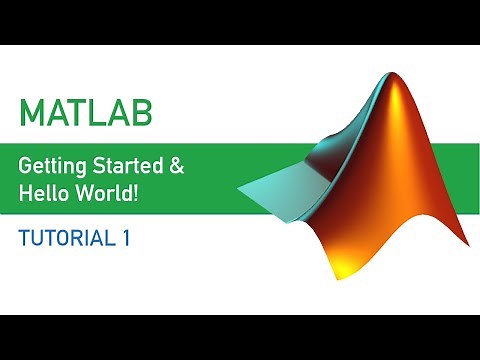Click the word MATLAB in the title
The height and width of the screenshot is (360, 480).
tap(86, 111)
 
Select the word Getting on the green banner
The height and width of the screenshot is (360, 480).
tap(58, 163)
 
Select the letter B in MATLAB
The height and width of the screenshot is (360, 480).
tap(141, 111)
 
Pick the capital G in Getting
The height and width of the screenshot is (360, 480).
tap(28, 163)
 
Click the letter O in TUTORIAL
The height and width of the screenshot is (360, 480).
tap(61, 239)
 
